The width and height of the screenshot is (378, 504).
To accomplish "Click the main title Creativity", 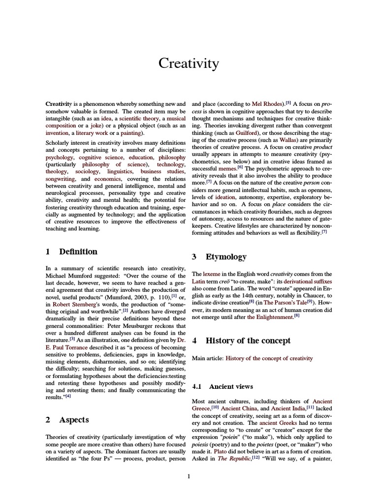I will coord(189,63).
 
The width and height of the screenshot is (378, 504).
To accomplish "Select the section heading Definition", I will coord(78,252).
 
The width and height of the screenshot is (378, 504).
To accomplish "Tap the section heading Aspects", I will coord(74,420).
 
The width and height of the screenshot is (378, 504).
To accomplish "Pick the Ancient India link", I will coord(287,409).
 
